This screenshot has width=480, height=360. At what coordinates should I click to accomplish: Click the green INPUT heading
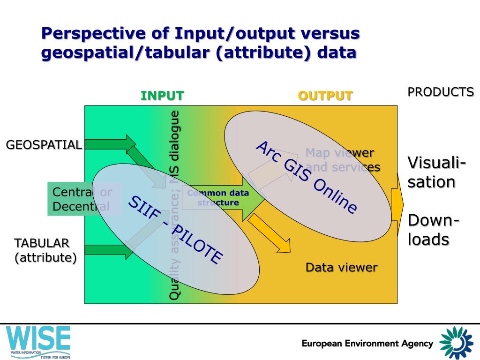pyautogui.click(x=162, y=96)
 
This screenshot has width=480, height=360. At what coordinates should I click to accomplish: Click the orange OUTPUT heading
pyautogui.click(x=325, y=96)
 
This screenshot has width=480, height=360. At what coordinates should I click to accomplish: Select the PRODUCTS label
pyautogui.click(x=440, y=92)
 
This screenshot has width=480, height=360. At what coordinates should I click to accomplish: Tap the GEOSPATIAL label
pyautogui.click(x=44, y=145)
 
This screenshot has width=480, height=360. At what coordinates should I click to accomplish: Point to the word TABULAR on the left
pyautogui.click(x=42, y=243)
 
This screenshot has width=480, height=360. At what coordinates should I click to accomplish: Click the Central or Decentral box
pyautogui.click(x=83, y=199)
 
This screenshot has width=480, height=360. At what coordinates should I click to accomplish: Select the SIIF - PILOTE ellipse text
pyautogui.click(x=175, y=230)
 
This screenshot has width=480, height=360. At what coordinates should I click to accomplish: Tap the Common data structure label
pyautogui.click(x=218, y=198)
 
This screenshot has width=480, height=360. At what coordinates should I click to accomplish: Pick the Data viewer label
pyautogui.click(x=341, y=268)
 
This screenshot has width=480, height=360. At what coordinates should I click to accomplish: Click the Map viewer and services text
pyautogui.click(x=343, y=160)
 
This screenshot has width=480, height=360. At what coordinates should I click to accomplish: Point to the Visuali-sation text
pyautogui.click(x=436, y=172)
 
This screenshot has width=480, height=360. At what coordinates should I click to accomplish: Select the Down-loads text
pyautogui.click(x=433, y=230)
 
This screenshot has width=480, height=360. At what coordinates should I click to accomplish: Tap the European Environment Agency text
pyautogui.click(x=367, y=344)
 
